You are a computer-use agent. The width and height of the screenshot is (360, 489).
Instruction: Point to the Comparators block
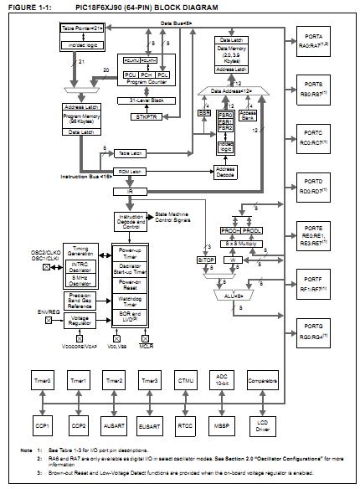tap(285, 382)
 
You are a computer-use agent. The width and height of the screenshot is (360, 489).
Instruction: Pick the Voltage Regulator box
tap(66, 320)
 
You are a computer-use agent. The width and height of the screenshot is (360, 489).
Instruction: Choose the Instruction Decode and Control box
tap(129, 220)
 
